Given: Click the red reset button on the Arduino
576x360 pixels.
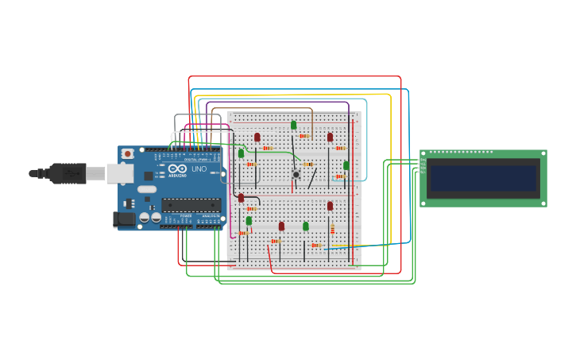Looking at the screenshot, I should (126, 154).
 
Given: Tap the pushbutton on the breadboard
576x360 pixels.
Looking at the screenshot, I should (296, 174).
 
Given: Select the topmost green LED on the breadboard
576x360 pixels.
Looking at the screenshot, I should (293, 125).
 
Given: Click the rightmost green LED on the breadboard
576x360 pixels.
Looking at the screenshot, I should (346, 165).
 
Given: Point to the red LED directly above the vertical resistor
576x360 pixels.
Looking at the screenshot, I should (330, 206).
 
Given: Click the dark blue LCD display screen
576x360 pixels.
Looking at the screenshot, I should (483, 178).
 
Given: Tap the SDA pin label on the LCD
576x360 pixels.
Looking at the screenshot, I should (423, 168).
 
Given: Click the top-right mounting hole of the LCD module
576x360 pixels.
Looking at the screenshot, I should (543, 153).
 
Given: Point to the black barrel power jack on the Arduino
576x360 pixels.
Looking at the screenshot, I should (124, 219).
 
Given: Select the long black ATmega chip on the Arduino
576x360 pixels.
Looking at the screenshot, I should (191, 206).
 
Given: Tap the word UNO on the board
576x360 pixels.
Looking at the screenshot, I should (199, 168).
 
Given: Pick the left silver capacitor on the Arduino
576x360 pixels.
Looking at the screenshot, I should (145, 217).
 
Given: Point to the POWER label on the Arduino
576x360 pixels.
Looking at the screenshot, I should (185, 215).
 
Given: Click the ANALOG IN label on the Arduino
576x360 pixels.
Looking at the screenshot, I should (211, 215).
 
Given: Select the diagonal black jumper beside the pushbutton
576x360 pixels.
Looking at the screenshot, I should (312, 179).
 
